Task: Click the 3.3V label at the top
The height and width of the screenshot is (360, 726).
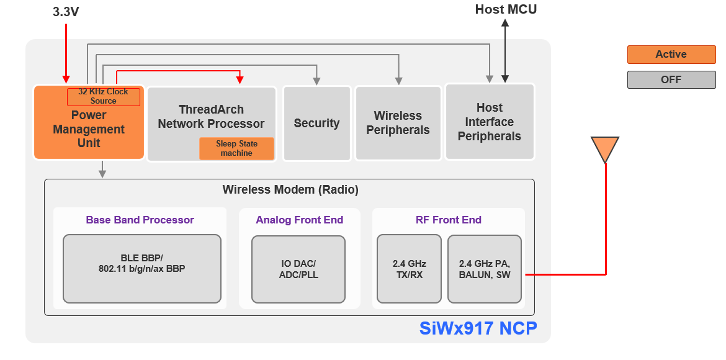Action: coord(66,11)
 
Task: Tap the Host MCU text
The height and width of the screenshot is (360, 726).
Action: coord(506,9)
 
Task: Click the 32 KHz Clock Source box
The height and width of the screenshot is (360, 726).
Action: coord(104,97)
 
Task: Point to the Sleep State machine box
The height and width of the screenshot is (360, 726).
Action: coord(236,148)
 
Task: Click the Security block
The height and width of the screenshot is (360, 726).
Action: coord(316,124)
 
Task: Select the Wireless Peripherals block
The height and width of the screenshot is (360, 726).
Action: coord(398,124)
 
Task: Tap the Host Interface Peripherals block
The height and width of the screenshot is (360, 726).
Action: coord(490,122)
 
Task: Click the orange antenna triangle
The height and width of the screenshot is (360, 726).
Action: coord(605,148)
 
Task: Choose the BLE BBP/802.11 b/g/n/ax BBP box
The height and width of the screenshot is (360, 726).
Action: coord(141,268)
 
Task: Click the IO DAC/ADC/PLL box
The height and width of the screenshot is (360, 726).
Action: coord(298,269)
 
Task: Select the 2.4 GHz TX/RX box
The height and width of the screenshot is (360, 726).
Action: coord(409,269)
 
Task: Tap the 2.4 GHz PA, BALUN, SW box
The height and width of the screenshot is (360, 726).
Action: coord(485,269)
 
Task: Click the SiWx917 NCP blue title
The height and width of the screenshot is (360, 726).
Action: coord(477,328)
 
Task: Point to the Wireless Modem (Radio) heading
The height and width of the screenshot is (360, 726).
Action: coord(290,190)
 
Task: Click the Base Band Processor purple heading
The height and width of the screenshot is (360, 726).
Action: coord(140,220)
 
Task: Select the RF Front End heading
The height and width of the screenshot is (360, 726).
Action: coord(448,220)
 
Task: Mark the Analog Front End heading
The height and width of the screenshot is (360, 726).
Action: coord(299,220)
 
